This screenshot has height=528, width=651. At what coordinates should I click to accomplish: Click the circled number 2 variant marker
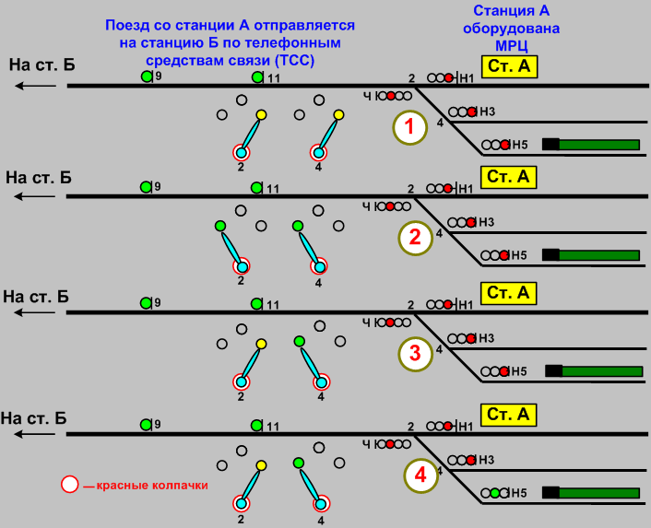click(414, 238)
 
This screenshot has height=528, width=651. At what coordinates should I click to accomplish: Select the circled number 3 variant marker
click(415, 353)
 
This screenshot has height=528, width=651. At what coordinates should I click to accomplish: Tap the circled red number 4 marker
click(420, 475)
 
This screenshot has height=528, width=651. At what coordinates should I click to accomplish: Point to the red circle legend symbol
click(69, 485)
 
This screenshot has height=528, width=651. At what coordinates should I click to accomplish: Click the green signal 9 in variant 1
click(146, 76)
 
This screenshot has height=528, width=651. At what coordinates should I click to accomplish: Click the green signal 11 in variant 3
click(257, 303)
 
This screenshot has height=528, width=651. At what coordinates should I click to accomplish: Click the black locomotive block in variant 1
click(550, 144)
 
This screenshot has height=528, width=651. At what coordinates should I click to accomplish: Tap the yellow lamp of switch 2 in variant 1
click(261, 115)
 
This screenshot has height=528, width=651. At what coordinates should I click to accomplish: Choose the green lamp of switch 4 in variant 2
click(297, 226)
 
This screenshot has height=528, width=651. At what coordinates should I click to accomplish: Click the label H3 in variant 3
click(487, 338)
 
